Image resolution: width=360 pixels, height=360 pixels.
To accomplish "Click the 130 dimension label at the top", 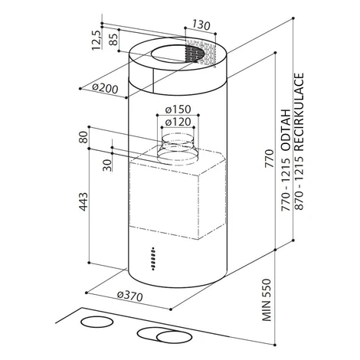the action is pos(201,25).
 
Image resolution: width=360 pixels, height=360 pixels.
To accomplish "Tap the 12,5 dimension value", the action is pos(97,40).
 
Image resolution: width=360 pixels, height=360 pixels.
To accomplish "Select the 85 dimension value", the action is pos(113,39).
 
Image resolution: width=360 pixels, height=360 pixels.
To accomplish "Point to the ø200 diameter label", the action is pos(105,88).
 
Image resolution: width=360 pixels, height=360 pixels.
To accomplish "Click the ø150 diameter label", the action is pos(178,110).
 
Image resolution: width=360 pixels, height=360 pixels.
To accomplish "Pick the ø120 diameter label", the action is pos(178,122).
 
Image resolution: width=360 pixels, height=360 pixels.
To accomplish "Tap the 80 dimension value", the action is pos(83,137).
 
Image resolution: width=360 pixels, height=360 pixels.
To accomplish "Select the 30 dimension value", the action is pos(107,165).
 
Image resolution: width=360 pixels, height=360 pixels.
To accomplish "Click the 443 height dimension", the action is pos(83,201).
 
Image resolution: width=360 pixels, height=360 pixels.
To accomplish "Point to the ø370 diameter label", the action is pos(129,296).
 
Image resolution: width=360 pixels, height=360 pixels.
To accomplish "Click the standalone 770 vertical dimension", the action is pos(269,159).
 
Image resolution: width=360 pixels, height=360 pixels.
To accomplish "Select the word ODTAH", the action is pos(286,129).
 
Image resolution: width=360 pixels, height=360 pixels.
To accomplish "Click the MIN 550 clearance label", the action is pos(266,299).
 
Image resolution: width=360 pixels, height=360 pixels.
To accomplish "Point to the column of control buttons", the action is pos(153,258).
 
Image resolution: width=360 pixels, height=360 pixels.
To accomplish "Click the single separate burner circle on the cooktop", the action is pos(97,322).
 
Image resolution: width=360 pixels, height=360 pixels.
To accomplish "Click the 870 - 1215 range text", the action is pos(299,183).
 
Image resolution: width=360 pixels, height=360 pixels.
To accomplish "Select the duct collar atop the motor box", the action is pos(177,149).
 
